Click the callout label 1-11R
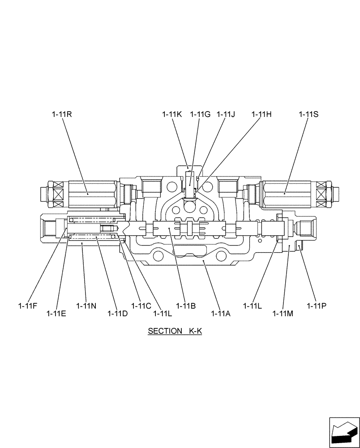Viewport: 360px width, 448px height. click(x=62, y=114)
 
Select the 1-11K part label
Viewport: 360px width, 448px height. click(x=172, y=114)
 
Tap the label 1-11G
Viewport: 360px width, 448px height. click(x=200, y=114)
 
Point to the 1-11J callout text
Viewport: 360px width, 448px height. click(x=226, y=114)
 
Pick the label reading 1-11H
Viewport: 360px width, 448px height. click(x=261, y=114)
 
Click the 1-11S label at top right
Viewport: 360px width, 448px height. click(x=309, y=114)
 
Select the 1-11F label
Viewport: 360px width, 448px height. click(x=28, y=306)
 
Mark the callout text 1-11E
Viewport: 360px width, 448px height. click(x=56, y=313)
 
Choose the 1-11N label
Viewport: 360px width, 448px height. click(x=86, y=306)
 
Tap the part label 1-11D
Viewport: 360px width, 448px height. click(x=117, y=313)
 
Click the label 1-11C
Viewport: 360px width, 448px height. click(x=141, y=306)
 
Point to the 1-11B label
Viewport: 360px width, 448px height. click(x=186, y=306)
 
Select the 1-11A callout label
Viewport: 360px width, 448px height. click(x=221, y=313)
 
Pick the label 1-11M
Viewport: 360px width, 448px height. click(x=283, y=313)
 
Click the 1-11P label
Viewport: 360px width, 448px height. click(x=317, y=306)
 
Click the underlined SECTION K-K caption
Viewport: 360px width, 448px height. click(x=175, y=332)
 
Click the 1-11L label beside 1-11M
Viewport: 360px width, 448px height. click(x=253, y=306)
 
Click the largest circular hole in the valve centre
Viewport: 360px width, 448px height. click(x=189, y=207)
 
